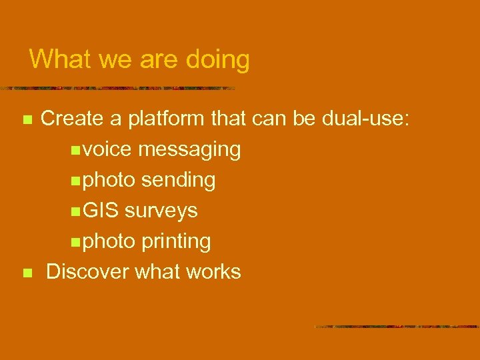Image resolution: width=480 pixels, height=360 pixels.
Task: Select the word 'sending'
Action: tap(178, 180)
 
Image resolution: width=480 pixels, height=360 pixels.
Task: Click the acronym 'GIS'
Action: tap(101, 211)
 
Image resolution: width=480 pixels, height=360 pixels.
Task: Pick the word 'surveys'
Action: tap(161, 211)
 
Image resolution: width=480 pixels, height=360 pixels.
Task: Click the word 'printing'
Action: tap(175, 241)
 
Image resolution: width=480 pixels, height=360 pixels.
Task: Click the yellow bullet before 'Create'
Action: tap(27, 120)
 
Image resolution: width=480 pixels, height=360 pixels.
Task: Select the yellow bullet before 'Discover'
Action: tap(27, 273)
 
